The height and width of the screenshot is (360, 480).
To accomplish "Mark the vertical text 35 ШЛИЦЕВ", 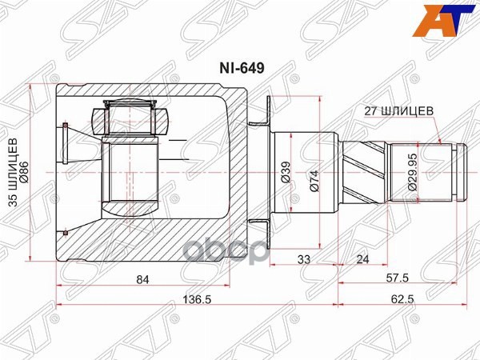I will (14, 173).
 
